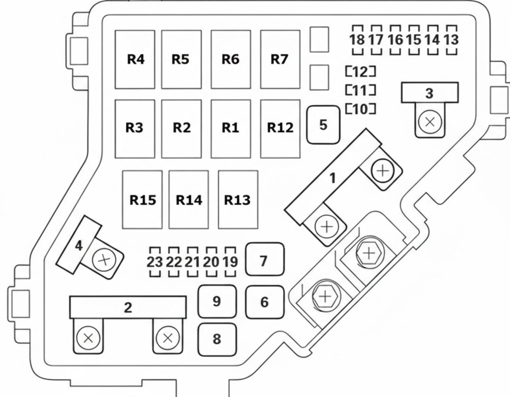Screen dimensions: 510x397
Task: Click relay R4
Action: point(135,59)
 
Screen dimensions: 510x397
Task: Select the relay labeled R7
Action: point(280,59)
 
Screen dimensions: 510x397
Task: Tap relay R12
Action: point(280,129)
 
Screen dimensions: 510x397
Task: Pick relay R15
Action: point(143,199)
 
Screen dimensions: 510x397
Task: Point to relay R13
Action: point(238,199)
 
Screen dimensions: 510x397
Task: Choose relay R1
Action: point(231,129)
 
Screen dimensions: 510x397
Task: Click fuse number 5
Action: point(323,125)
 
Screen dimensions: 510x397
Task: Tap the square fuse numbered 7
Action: point(265,260)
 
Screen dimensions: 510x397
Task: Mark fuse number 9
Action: point(217,301)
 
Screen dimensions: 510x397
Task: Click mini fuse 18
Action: point(357,40)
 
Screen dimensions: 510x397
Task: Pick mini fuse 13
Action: point(451,40)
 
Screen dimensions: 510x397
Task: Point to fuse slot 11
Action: point(361,90)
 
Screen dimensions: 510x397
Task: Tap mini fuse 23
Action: point(155,262)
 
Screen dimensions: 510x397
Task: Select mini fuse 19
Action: point(230,262)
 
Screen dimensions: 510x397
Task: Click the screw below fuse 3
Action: point(430,122)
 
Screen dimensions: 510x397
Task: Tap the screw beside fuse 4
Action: point(104,260)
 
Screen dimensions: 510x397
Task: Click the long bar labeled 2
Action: point(128,307)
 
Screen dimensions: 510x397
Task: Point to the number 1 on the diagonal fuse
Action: point(332,178)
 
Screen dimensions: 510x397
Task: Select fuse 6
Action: point(265,302)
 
